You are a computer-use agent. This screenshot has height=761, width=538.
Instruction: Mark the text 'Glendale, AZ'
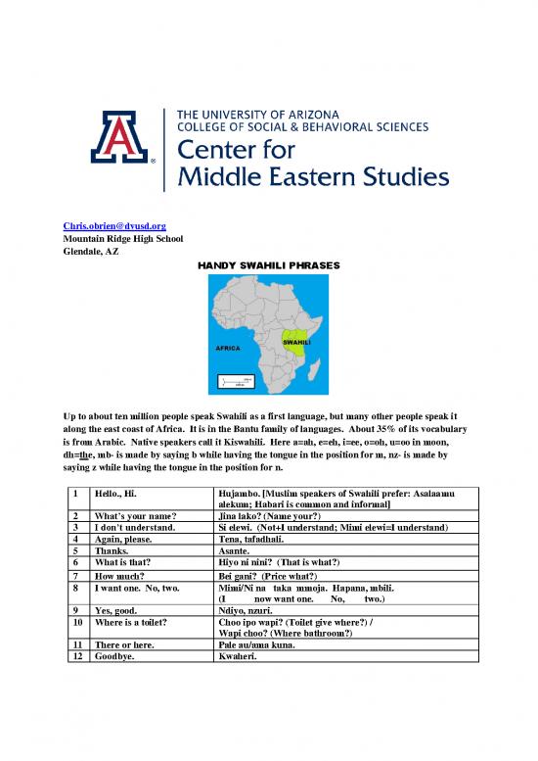pos(89,251)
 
